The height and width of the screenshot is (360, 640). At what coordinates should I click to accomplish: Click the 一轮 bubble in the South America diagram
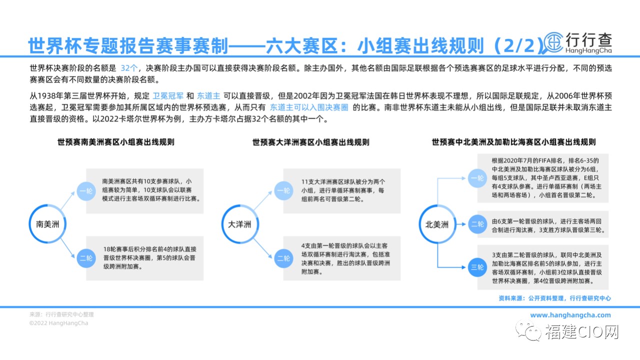86,191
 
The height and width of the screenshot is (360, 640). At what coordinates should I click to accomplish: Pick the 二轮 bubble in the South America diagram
86,258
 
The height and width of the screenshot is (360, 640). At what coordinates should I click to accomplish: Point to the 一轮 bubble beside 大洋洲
283,190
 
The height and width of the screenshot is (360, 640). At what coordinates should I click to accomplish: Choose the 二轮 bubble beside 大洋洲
283,258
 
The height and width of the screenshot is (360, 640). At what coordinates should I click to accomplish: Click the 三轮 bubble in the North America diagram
477,267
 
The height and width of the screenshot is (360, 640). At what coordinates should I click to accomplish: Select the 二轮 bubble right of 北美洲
477,224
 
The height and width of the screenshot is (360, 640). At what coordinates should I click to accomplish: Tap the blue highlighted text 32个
129,68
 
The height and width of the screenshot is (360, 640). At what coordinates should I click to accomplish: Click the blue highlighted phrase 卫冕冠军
168,95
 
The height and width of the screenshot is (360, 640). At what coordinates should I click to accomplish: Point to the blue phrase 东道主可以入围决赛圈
309,107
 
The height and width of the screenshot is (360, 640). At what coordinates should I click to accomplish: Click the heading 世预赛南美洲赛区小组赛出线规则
115,142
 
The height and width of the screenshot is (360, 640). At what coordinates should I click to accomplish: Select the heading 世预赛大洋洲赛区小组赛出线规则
311,142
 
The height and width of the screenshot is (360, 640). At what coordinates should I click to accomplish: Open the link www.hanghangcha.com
570,315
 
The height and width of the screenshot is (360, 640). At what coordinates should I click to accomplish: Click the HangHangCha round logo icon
553,42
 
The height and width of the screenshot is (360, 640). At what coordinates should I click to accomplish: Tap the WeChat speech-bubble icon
528,331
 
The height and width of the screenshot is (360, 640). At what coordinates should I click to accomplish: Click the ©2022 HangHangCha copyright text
58,323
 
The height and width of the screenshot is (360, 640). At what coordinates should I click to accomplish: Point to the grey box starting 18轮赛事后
144,258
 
